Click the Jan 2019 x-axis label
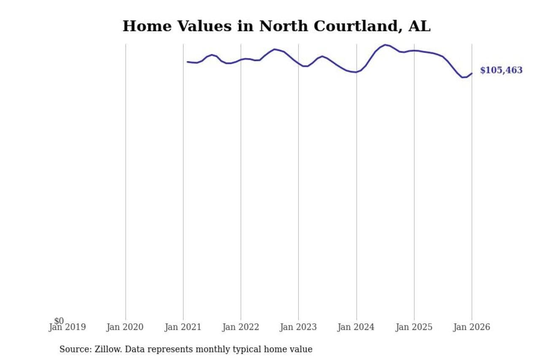point(67,327)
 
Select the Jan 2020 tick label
point(125,327)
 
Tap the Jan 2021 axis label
point(183,327)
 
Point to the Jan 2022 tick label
point(240,327)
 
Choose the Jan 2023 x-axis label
point(298,327)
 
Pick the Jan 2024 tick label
point(356,327)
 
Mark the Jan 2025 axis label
point(414,327)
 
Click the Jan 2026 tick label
point(472,327)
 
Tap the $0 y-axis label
point(59,321)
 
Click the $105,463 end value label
point(501,70)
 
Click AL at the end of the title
point(419,26)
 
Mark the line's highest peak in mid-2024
point(385,44)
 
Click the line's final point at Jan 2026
point(472,73)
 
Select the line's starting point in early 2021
point(188,62)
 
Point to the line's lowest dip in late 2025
point(462,77)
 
